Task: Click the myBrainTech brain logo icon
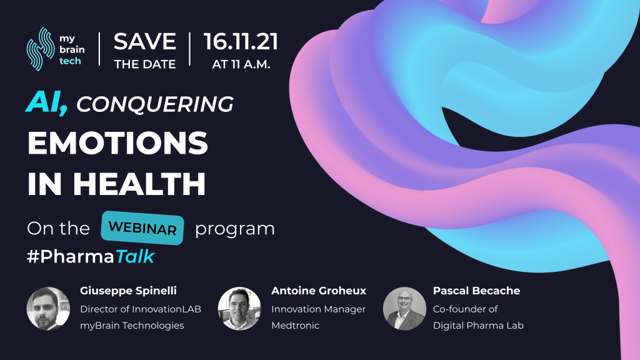pos(41,49)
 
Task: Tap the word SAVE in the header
pos(145,42)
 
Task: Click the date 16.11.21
pos(241,42)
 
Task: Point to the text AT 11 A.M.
pos(241,64)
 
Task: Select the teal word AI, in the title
pos(46,102)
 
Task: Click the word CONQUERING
pos(155,104)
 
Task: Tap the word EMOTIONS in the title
pos(117,143)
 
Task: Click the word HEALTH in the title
pos(139,184)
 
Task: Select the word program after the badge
pos(235,229)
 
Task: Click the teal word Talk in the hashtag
pos(135,256)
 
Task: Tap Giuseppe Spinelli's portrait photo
pos(48,309)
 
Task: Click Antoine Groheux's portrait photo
pos(239,309)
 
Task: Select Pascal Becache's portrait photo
pos(404,309)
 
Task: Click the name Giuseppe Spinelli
pos(128,291)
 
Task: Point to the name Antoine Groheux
pos(319,291)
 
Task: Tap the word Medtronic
pos(296,325)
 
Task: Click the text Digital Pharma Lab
pos(478,326)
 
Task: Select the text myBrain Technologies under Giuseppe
pos(132,326)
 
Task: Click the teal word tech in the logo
pos(70,61)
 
